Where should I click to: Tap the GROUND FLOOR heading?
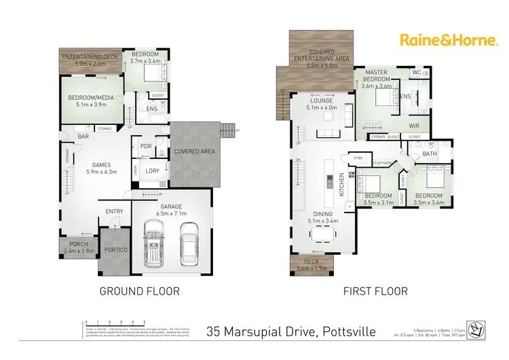140,291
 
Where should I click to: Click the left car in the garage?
155,245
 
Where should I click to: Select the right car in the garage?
189,245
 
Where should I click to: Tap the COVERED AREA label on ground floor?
195,151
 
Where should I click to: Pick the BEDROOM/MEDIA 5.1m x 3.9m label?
90,101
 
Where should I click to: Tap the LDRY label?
152,171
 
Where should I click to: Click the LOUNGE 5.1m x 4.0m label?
322,104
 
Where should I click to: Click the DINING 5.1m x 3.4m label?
322,217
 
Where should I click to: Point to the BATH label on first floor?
429,154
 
